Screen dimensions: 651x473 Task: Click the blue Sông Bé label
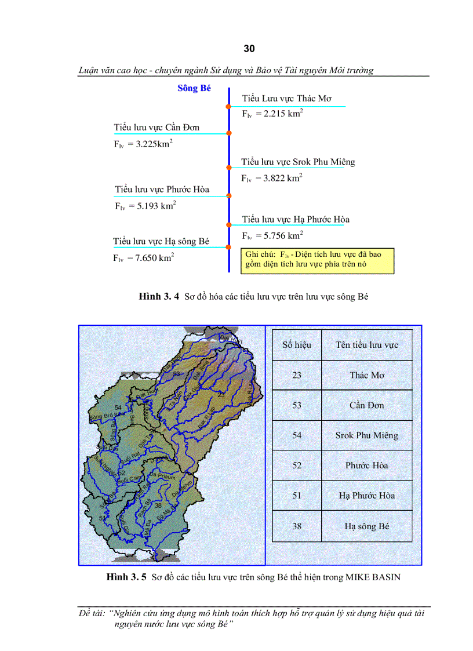(194, 88)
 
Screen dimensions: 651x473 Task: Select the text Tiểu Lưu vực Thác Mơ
(287, 99)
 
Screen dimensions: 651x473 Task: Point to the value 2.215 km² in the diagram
(272, 114)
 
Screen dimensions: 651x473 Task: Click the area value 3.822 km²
(271, 178)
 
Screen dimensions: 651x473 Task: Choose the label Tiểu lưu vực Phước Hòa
(162, 189)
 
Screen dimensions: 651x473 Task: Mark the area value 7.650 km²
(144, 258)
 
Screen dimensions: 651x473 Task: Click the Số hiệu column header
(297, 345)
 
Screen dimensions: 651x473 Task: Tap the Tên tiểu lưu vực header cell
(367, 345)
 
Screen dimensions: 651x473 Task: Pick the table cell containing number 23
(297, 375)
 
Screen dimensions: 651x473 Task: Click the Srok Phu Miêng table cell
(367, 435)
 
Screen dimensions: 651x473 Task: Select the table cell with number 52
(297, 465)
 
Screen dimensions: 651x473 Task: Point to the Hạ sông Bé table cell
(367, 526)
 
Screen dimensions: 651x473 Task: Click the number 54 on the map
(118, 408)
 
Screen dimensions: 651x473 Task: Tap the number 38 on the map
(158, 505)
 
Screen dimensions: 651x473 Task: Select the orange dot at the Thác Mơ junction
(229, 106)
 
